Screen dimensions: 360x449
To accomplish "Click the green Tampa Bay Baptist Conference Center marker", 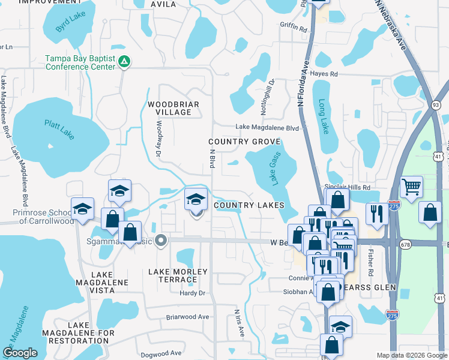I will click(x=124, y=61).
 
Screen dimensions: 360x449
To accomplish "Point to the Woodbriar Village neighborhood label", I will click(x=173, y=108).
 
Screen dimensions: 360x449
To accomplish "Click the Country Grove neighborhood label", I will click(x=244, y=142).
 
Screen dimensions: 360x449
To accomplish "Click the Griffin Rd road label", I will click(x=293, y=28).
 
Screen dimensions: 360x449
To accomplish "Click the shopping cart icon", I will click(x=411, y=187).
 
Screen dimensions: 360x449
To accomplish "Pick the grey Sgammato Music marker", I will click(x=160, y=241).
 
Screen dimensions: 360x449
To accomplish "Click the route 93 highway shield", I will click(x=436, y=105).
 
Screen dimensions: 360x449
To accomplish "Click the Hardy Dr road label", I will click(x=193, y=293).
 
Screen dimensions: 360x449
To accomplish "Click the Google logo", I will click(x=20, y=353).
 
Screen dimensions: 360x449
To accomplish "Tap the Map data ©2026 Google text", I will click(x=411, y=355).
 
